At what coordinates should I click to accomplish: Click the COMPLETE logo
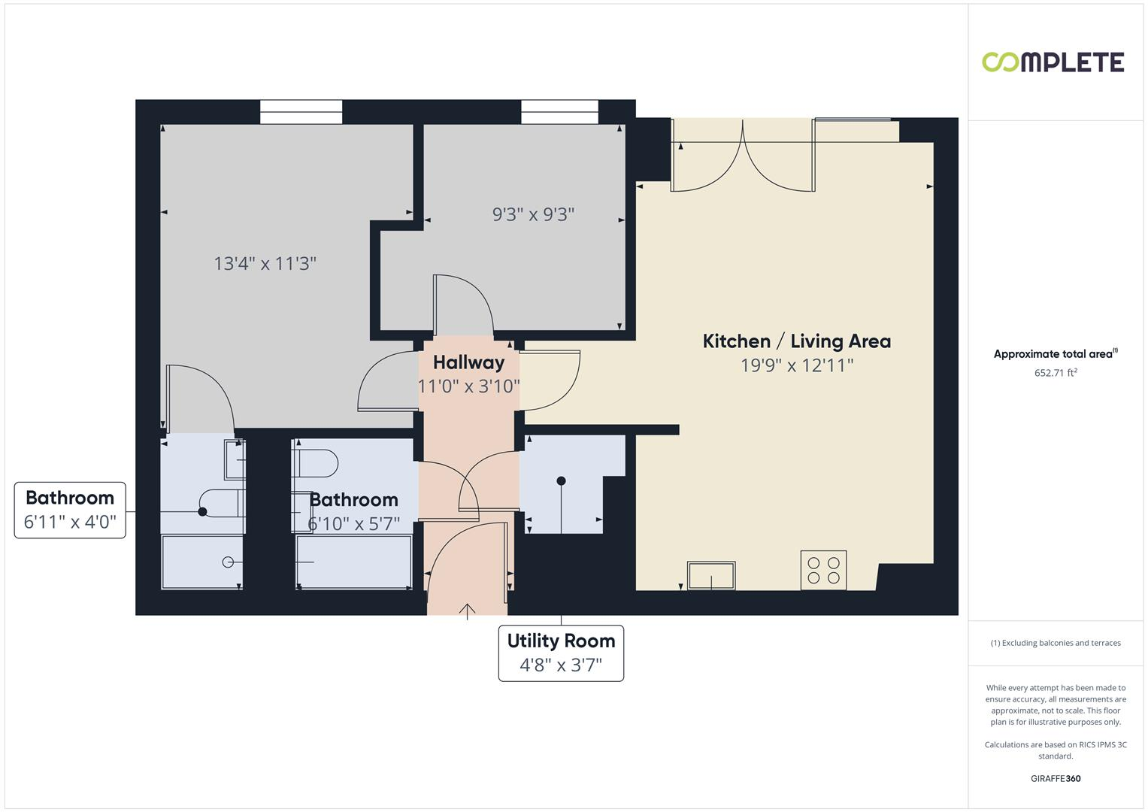(x=1053, y=62)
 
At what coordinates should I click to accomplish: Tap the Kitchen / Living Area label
(x=796, y=341)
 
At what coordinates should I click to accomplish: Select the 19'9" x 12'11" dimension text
(x=796, y=365)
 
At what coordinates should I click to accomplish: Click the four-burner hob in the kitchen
(x=823, y=570)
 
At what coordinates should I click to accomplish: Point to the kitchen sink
(x=711, y=576)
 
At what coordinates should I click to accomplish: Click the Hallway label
(x=468, y=362)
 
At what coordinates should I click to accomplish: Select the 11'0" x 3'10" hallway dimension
(x=468, y=386)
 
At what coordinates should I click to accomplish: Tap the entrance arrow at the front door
(x=468, y=611)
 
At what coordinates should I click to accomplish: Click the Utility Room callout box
(x=561, y=653)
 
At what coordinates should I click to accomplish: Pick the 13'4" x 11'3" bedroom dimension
(x=265, y=264)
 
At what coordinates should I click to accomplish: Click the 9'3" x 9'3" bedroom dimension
(x=533, y=215)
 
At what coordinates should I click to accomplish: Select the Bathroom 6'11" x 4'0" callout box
(x=70, y=510)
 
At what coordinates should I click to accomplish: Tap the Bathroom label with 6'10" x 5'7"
(x=353, y=500)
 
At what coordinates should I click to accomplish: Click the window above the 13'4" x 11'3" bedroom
(x=301, y=112)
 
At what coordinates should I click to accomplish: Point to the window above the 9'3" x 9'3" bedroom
(x=559, y=112)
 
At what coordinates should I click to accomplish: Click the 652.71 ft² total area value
(x=1055, y=373)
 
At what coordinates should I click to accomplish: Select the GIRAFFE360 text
(x=1055, y=779)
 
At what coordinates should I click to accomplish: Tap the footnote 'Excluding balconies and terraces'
(x=1055, y=643)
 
